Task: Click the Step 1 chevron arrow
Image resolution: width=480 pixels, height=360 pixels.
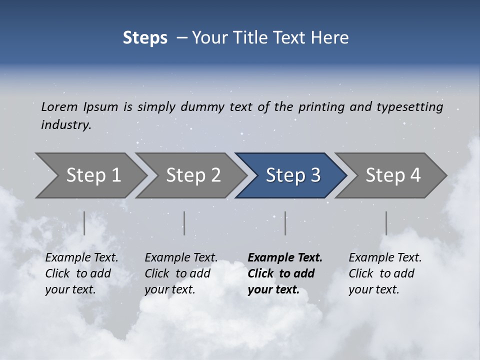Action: click(92, 175)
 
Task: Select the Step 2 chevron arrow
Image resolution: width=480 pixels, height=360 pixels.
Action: click(192, 175)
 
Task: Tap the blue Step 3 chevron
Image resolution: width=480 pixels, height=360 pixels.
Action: click(292, 175)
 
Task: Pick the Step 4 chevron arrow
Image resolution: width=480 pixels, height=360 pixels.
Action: click(392, 175)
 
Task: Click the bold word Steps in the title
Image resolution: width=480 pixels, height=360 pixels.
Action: click(145, 37)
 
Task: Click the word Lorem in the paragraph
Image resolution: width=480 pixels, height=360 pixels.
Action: click(59, 106)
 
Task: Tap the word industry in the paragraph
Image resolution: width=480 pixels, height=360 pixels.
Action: click(66, 124)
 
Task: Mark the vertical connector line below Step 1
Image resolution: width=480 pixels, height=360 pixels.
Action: click(84, 223)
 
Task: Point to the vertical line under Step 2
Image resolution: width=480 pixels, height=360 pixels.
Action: click(184, 223)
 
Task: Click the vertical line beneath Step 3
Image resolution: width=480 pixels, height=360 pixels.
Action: click(285, 223)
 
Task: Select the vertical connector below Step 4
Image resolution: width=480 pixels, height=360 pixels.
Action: click(386, 223)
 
